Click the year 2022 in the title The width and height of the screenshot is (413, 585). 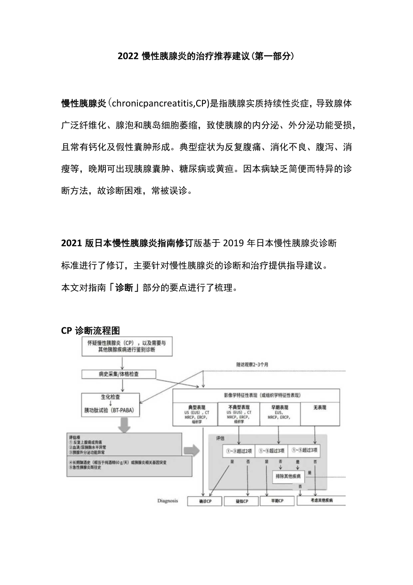pos(128,57)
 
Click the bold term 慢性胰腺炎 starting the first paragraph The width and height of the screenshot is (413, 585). pos(83,104)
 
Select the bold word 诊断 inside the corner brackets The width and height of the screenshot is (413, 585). pos(124,288)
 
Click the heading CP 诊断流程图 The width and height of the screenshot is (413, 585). pos(90,331)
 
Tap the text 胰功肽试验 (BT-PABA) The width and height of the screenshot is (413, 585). pos(111,411)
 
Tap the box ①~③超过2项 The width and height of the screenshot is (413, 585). pos(240,450)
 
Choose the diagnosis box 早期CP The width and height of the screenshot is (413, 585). pos(277,501)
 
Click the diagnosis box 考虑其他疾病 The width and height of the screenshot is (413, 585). pos(321,500)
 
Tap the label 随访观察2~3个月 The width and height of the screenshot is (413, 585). pos(252,364)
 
